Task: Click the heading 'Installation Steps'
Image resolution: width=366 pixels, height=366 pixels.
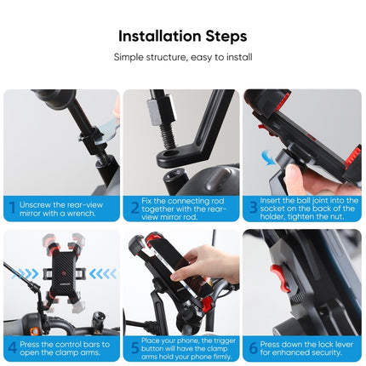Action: coord(183,36)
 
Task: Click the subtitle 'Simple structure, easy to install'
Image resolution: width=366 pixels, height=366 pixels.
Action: coord(183,57)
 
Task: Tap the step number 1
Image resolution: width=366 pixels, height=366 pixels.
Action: coord(12,207)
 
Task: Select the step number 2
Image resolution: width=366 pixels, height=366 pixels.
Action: coord(134,207)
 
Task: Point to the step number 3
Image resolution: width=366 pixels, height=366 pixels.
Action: coord(254,207)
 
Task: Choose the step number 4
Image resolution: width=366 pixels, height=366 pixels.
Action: coord(12,346)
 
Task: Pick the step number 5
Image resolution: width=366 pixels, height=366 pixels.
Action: coord(134,346)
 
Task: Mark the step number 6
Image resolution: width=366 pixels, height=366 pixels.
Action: coord(254,346)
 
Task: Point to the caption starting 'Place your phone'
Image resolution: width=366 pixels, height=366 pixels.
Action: coord(183,346)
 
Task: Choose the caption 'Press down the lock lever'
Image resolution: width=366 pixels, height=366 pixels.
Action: coord(305,346)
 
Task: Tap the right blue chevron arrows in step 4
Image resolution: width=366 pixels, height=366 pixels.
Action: coord(101,274)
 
